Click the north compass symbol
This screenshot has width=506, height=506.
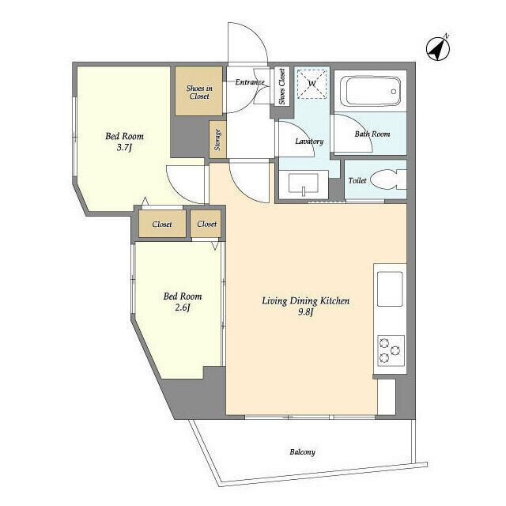coord(437,49)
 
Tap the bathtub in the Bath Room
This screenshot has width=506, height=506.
coord(371,92)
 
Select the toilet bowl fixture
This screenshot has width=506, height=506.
coord(388,179)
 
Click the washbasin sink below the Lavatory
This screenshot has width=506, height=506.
coord(304,184)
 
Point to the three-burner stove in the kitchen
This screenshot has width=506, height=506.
coord(391,350)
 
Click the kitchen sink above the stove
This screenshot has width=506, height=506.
coord(390,289)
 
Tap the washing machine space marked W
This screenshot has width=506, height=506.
coord(312,84)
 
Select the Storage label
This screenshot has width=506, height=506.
coord(218,140)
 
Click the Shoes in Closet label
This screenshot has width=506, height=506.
coord(199,92)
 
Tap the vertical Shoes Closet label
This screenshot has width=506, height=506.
coord(281,86)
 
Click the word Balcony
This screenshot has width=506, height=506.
coord(302,451)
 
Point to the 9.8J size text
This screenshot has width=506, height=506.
coord(306,312)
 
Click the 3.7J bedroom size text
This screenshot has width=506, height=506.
coord(125,148)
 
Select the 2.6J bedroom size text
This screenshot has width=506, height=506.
coord(183,308)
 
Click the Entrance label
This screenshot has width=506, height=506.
coord(250,82)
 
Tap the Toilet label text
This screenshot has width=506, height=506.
coord(357,180)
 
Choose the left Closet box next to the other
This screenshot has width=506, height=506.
coord(162,224)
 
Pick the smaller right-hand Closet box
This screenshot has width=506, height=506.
coord(206,224)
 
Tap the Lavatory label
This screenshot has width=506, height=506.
coord(309,141)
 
